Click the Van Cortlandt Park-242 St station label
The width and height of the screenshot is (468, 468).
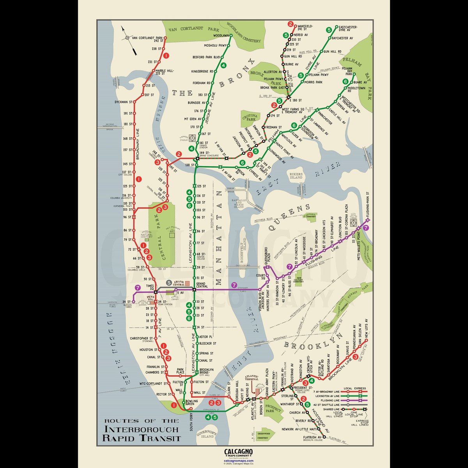pyautogui.click(x=147, y=39)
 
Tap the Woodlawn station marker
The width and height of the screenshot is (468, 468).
pyautogui.click(x=230, y=35)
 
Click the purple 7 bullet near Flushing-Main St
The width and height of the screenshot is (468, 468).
pyautogui.click(x=365, y=229)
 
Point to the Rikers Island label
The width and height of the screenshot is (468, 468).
pyautogui.click(x=296, y=175)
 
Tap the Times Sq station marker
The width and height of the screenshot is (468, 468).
pyautogui.click(x=155, y=291)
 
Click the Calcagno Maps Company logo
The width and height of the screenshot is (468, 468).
pyautogui.click(x=239, y=453)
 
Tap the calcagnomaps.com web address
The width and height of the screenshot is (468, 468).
pyautogui.click(x=239, y=461)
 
